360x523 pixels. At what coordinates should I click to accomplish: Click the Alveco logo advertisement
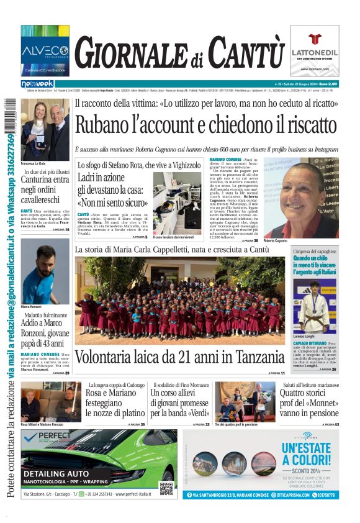click(x=45, y=50)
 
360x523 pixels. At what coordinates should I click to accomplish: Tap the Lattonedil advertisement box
click(x=315, y=50)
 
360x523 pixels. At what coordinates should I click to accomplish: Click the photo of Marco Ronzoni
click(x=45, y=271)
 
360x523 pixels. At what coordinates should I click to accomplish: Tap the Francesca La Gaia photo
click(x=45, y=130)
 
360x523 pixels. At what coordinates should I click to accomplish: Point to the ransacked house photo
click(x=176, y=211)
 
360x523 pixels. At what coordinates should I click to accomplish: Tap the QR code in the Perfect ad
click(x=166, y=488)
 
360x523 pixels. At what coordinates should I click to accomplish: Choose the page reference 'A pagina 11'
click(x=277, y=373)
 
